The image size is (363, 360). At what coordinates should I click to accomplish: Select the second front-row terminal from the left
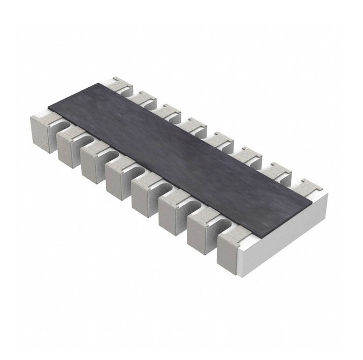point(67,147)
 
